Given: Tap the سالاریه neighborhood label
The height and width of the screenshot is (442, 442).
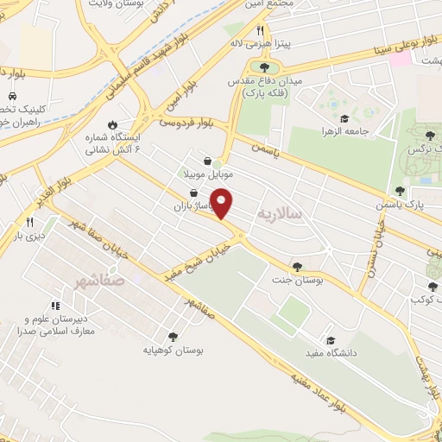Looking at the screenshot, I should click(x=281, y=212).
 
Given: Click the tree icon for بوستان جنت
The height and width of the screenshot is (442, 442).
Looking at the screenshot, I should click(x=298, y=267).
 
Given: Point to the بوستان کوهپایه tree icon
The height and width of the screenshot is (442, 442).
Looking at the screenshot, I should click(x=173, y=337).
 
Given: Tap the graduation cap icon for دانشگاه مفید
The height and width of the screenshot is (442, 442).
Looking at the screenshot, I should click(x=329, y=340).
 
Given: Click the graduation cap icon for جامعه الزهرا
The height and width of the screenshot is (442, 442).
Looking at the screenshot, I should click(x=344, y=119).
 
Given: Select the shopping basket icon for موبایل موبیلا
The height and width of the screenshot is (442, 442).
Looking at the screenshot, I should click(x=208, y=161).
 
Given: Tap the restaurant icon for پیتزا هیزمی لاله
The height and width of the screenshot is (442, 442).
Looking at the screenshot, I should click(x=260, y=30).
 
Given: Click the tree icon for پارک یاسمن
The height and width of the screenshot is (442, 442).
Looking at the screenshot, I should click(x=399, y=192).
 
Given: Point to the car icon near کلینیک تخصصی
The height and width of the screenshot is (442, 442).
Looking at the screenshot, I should click(x=12, y=96).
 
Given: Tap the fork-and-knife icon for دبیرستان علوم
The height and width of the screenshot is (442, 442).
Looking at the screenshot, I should click(x=55, y=305).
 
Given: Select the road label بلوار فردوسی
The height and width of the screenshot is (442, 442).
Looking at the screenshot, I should click(x=189, y=123).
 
